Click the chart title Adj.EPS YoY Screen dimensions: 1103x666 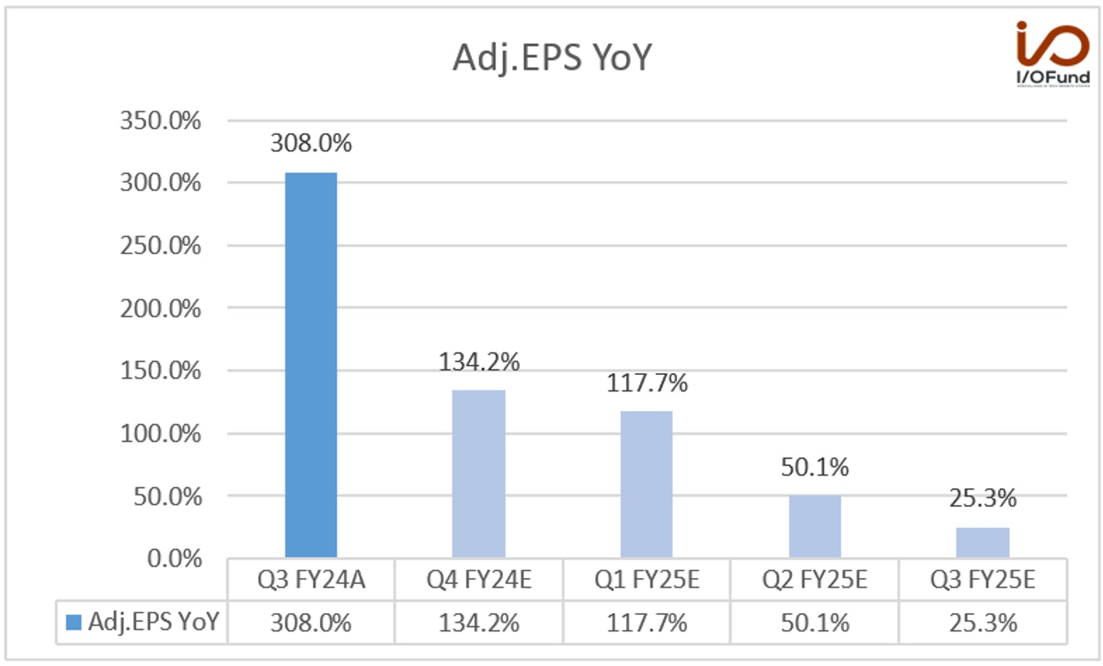(x=552, y=59)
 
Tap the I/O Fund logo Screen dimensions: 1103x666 (x=1053, y=53)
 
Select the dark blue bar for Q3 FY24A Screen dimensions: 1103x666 (x=311, y=365)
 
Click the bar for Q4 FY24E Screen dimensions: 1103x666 (x=478, y=474)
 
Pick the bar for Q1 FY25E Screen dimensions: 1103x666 (x=647, y=484)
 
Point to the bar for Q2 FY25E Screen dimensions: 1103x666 (x=815, y=527)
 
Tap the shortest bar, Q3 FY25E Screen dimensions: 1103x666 (x=983, y=543)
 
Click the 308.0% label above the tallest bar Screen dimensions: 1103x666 (x=311, y=143)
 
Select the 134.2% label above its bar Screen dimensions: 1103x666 (x=479, y=362)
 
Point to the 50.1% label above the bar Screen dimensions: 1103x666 (x=815, y=467)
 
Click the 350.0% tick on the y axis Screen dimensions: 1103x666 (x=161, y=121)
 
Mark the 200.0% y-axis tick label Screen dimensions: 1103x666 (x=161, y=309)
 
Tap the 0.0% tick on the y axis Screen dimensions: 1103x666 (x=174, y=558)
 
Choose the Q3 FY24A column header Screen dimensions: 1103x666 (x=311, y=580)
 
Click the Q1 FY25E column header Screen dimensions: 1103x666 (x=647, y=580)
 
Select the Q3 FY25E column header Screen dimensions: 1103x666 (x=983, y=580)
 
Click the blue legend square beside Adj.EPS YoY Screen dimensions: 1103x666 (x=73, y=622)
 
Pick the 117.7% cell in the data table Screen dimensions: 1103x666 (x=647, y=623)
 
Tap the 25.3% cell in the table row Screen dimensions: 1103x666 (x=983, y=623)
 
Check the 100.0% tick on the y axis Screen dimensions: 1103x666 (x=161, y=434)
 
